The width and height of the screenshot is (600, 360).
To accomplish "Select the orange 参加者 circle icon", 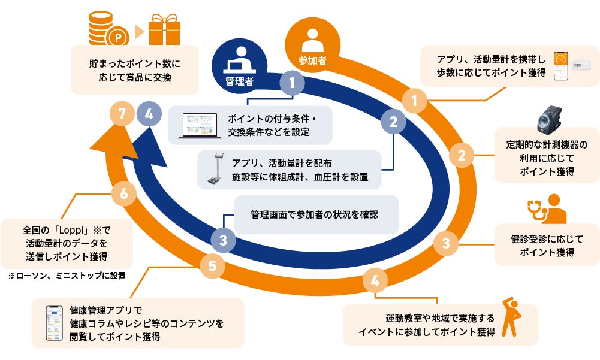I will pos(311,45).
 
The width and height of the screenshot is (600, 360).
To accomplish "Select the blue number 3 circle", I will pos(223,241).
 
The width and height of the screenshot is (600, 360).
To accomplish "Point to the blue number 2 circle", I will pos(393,122).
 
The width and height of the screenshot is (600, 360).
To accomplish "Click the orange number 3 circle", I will pos(445,243).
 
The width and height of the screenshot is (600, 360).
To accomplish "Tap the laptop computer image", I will pos(200,126).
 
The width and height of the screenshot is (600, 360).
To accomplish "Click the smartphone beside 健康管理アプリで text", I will pos(55,323).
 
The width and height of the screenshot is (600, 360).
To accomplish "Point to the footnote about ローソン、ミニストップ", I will pos(66,276).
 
